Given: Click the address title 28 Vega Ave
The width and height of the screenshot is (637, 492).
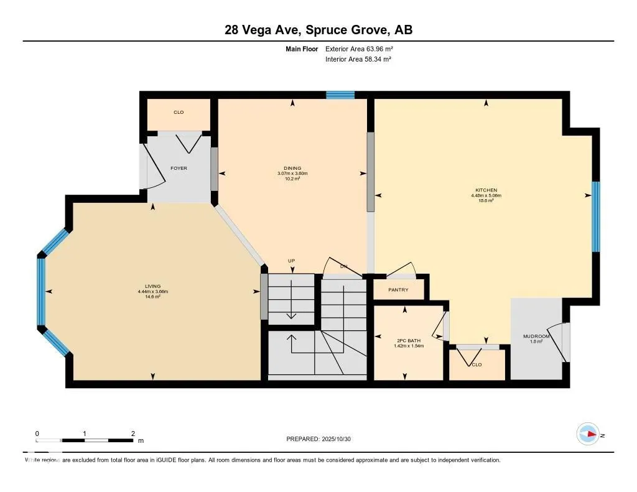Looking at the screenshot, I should (318, 30).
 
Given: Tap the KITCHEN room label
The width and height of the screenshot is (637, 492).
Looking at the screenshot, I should (486, 190).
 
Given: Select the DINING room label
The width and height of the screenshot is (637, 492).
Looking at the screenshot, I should (292, 168).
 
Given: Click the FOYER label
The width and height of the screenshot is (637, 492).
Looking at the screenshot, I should (179, 168).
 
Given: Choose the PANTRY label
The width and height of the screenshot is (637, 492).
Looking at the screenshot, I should (398, 290).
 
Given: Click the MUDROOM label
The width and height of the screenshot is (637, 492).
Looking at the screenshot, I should (536, 337).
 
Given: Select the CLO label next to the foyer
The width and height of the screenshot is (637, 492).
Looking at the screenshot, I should (179, 113).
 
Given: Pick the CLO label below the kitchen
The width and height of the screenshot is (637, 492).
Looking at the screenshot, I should (477, 365).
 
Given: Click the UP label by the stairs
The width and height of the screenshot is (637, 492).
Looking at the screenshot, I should (291, 261).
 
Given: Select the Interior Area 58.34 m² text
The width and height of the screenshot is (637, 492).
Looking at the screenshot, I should (358, 60).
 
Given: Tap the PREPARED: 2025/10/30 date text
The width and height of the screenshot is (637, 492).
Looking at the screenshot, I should (322, 439).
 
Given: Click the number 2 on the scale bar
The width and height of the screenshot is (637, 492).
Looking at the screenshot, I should (133, 434).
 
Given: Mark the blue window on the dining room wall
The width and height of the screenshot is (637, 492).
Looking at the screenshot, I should (340, 95).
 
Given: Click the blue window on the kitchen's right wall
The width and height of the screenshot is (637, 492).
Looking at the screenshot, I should (595, 216).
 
